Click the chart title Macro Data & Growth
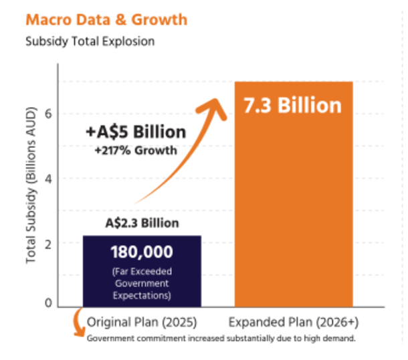pos(106,19)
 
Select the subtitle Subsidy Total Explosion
pos(90,41)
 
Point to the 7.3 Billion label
pos(292,106)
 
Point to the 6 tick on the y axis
pos(48,114)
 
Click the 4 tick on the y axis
pos(48,179)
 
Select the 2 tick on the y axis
pos(48,243)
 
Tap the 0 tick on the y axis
pos(48,303)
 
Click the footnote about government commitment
pos(221,338)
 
